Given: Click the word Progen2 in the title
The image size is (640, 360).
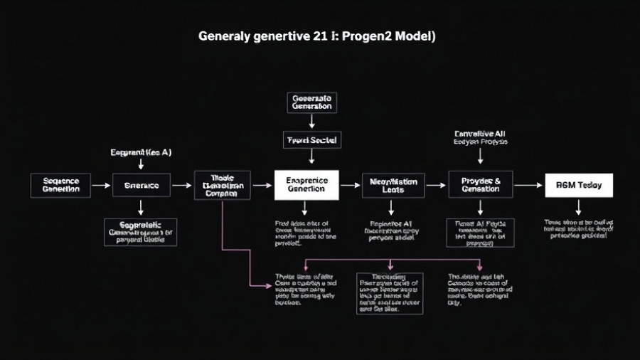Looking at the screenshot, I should [368, 37].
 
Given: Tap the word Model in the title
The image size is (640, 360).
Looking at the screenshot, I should [415, 37].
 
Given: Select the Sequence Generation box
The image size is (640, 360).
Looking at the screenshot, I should [61, 185].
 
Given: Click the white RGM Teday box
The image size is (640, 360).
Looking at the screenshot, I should [578, 185].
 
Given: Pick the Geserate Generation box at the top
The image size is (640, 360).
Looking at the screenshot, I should [311, 102].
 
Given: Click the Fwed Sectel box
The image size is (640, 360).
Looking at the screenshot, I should [311, 140].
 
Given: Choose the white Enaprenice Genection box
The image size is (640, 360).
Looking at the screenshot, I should [306, 185].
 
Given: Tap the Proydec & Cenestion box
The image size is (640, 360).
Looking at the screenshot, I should [480, 185].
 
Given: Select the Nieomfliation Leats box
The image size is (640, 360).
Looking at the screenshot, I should [393, 185].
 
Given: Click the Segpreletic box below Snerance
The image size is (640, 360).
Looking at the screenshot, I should [141, 232].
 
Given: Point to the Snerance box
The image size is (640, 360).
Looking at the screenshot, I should [142, 185].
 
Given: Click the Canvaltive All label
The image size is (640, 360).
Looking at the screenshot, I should [480, 133].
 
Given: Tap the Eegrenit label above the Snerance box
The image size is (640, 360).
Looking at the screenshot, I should [142, 152].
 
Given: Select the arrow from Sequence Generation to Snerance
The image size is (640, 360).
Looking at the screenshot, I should [102, 185].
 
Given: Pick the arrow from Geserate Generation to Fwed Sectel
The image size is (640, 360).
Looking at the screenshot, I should [311, 122].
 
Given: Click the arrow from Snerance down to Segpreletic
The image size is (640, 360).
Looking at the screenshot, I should [142, 207].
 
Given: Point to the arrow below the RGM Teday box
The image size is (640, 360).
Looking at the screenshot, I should [578, 207].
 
